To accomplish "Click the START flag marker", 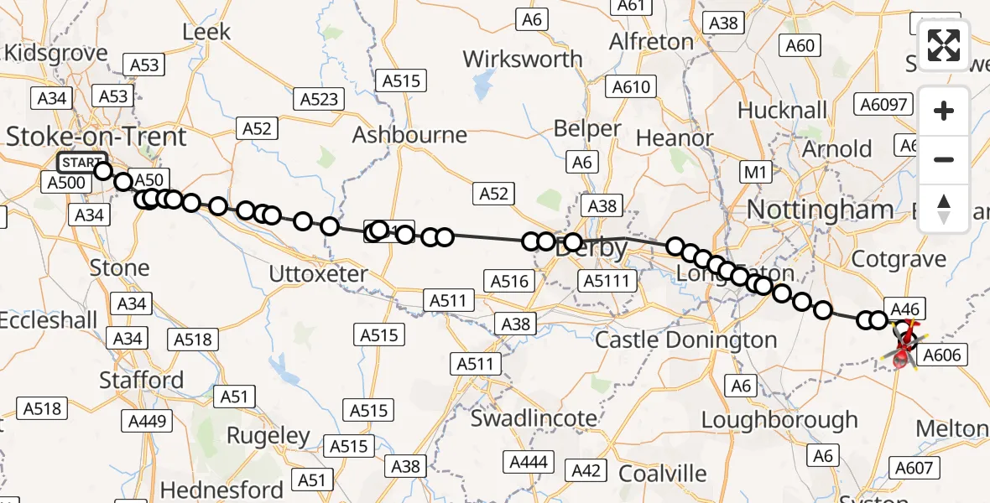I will pos(81,163).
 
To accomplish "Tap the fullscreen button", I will pos(944,46).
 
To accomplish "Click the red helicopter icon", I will pos(904,345).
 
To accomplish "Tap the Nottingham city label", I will pos(820,209).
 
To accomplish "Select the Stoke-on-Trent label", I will pos(96,136).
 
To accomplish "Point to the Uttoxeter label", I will pos(318,273).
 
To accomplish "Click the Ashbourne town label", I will pos(409,135).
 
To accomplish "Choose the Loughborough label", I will pos(779,419).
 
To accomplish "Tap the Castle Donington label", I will pos(686,340).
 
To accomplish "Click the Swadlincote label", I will pos(534,417).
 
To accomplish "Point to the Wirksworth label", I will pos(522,60).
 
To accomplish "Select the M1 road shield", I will pos(757,174).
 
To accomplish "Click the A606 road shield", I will pos(940,355).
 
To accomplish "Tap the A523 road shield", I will pos(320,100).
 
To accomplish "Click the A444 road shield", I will pos(529,462).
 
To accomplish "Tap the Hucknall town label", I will pos(782,110).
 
